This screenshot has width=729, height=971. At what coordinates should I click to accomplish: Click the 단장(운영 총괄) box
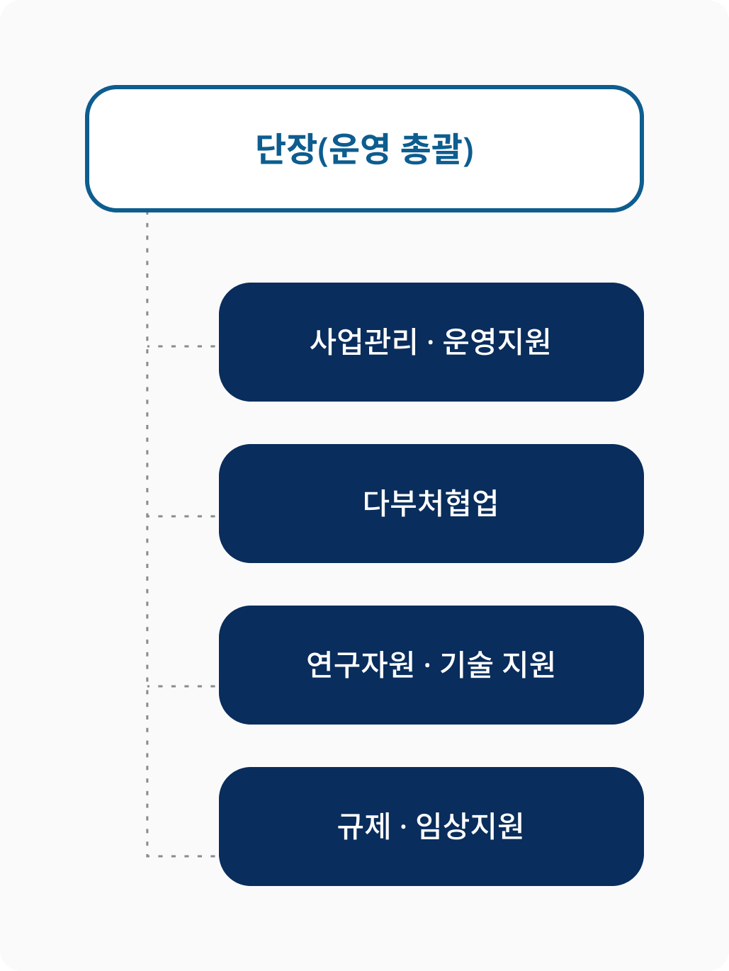point(364,149)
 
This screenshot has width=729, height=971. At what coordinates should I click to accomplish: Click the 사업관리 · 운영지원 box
point(431,342)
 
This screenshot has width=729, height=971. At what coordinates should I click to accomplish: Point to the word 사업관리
point(363,342)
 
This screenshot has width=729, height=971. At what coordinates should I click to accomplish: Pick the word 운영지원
point(497,342)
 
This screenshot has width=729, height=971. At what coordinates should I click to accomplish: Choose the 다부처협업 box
point(431,504)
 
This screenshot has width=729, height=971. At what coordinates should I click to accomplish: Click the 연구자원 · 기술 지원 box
point(431,665)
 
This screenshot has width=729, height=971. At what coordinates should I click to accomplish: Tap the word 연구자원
point(361,665)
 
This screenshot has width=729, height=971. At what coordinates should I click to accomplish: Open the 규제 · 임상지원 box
point(431,827)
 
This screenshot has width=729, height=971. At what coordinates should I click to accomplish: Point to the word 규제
point(364,827)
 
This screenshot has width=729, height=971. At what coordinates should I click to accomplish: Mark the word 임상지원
point(470,827)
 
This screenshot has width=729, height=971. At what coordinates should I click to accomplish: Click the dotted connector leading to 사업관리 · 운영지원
point(181,346)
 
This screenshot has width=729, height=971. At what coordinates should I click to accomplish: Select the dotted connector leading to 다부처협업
point(181,516)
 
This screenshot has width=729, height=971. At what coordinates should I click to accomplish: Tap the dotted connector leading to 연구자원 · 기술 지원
point(181,686)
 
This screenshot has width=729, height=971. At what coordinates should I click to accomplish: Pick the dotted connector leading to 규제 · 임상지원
point(181,856)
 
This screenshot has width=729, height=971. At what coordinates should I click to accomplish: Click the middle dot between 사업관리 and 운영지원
point(430,343)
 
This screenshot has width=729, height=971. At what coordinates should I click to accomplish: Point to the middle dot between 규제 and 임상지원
point(403,827)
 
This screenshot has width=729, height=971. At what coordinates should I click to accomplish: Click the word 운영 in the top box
point(359,149)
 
